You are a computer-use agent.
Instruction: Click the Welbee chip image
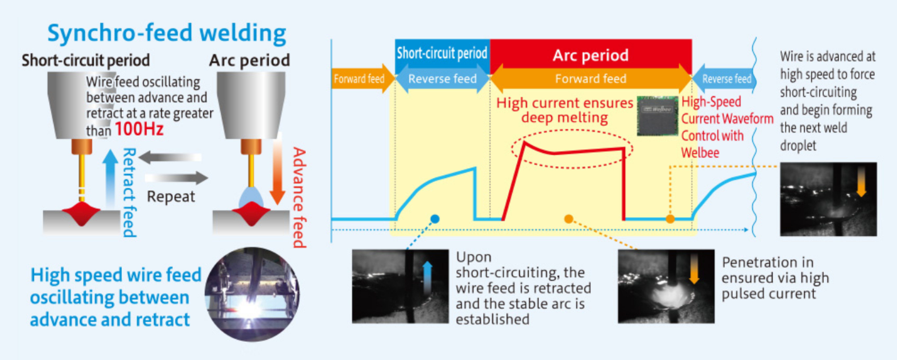click(x=658, y=116)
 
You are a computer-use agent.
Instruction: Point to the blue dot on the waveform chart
click(x=435, y=219)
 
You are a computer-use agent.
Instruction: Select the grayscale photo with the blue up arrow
click(x=400, y=286)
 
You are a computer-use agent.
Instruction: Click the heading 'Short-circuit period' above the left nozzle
click(x=86, y=60)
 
